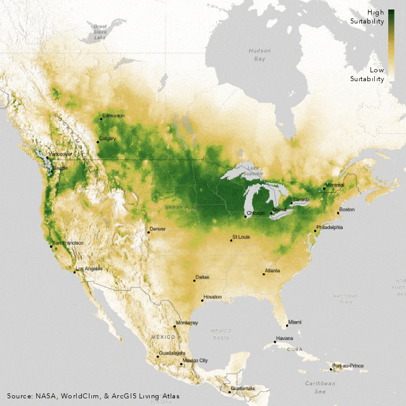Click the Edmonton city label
(x=114, y=115)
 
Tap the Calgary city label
(x=107, y=138)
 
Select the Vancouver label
(x=60, y=154)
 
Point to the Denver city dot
(x=148, y=232)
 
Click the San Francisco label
(x=67, y=243)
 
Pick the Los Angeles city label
(x=89, y=269)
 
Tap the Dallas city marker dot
(x=194, y=280)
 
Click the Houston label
(x=213, y=297)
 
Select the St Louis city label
(x=242, y=237)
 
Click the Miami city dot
(x=286, y=325)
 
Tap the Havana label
(x=283, y=338)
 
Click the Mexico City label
(x=195, y=360)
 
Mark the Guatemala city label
(x=242, y=388)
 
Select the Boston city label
(x=347, y=209)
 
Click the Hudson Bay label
(x=259, y=55)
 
